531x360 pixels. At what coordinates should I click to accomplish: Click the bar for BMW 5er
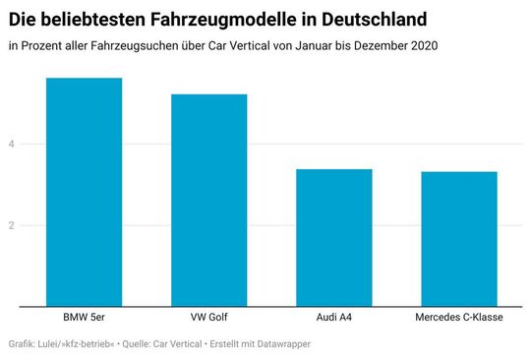pos(85,192)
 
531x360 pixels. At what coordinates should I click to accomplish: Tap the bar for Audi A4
pos(334,237)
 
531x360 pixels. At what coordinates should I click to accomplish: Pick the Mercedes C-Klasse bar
pos(459,238)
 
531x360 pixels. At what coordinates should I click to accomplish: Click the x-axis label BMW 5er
pos(85,319)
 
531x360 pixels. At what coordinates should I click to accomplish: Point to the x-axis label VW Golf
pos(209,319)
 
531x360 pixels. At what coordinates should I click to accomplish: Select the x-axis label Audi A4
pos(334,319)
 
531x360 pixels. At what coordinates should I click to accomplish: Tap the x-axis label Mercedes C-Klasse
pos(459,319)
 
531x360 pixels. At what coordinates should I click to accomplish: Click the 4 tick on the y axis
pos(13,145)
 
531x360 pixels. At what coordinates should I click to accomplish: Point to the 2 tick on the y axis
pos(13,225)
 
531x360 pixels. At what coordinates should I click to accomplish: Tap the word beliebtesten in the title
pos(91,19)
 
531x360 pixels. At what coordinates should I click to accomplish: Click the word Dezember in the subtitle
pos(373,45)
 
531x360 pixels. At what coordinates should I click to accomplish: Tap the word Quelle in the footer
pos(141,344)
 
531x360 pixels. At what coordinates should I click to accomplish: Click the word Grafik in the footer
pos(22,344)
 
